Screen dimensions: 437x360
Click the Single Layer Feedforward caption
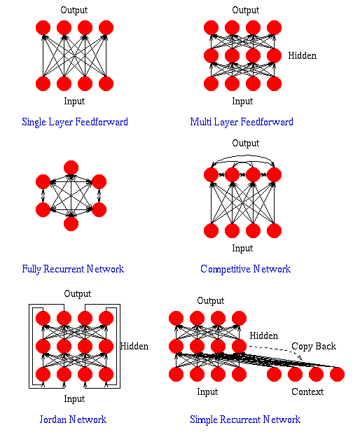pyautogui.click(x=75, y=122)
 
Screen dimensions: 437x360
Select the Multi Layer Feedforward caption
pyautogui.click(x=242, y=122)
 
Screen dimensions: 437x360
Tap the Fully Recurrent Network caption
pyautogui.click(x=73, y=269)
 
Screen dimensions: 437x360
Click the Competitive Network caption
pyautogui.click(x=245, y=269)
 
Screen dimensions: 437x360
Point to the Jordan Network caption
pyautogui.click(x=74, y=419)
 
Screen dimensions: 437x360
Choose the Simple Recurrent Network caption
pyautogui.click(x=245, y=419)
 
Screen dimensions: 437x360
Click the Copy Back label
pyautogui.click(x=314, y=346)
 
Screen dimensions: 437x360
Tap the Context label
pyautogui.click(x=307, y=391)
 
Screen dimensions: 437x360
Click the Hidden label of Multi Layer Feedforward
pyautogui.click(x=303, y=55)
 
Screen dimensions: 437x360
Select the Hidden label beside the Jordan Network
pyautogui.click(x=134, y=346)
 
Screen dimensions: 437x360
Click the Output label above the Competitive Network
pyautogui.click(x=245, y=144)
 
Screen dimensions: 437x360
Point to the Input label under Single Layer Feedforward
pyautogui.click(x=74, y=102)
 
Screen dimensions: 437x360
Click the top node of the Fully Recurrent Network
pyautogui.click(x=71, y=167)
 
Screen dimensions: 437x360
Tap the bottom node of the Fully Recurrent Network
pyautogui.click(x=71, y=223)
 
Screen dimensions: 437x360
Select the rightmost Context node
pyautogui.click(x=337, y=374)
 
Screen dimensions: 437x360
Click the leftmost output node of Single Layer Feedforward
pyautogui.click(x=43, y=28)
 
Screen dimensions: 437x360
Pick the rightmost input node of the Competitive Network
pyautogui.click(x=274, y=230)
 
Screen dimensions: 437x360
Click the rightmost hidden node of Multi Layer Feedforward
pyautogui.click(x=274, y=56)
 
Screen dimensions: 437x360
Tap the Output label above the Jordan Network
pyautogui.click(x=77, y=293)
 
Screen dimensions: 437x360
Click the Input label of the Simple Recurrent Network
pyautogui.click(x=207, y=391)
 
